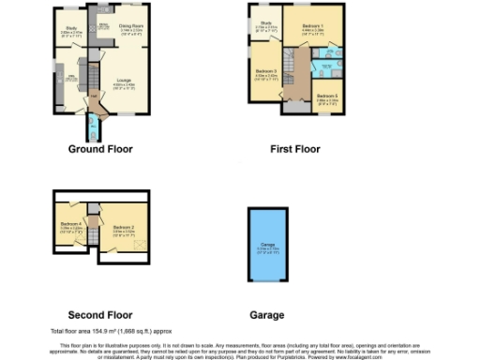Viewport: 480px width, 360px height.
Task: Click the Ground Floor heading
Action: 100,149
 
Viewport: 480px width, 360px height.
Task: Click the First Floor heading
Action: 294,149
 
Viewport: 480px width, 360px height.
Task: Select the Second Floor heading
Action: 100,315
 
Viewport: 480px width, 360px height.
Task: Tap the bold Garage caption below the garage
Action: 267,315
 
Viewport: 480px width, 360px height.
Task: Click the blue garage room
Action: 267,247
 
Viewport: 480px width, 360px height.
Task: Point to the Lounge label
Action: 123,82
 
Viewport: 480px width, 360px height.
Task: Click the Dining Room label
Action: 130,27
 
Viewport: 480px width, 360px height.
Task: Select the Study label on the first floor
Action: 266,22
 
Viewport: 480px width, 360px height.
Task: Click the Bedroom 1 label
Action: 313,25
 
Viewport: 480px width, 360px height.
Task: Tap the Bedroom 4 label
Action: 70,224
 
